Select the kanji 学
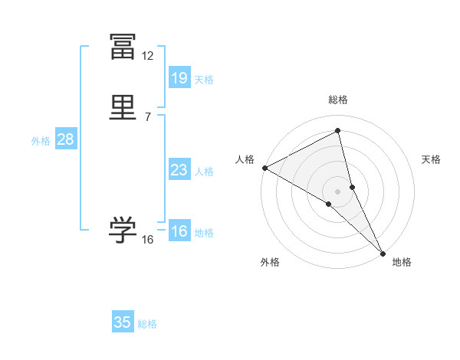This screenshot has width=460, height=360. (123, 230)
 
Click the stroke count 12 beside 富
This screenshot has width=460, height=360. (147, 56)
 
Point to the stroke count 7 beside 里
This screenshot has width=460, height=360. (147, 117)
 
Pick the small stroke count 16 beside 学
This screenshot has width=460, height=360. (147, 240)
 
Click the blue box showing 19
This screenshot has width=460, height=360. (179, 77)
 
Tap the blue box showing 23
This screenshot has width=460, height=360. (179, 170)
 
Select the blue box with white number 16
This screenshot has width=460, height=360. (179, 231)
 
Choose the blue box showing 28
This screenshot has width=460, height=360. (65, 139)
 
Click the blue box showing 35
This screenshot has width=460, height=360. (123, 322)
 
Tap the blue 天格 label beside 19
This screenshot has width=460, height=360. (204, 80)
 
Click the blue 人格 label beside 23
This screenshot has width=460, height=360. (204, 172)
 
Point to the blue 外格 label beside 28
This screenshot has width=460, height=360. (41, 141)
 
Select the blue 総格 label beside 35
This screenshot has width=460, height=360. (147, 324)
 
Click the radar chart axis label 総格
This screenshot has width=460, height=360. (338, 100)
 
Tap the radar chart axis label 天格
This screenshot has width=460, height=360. (431, 159)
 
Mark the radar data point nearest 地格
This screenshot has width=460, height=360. (383, 253)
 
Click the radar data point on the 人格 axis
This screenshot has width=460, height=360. (264, 168)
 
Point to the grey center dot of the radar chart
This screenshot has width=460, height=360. (338, 191)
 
